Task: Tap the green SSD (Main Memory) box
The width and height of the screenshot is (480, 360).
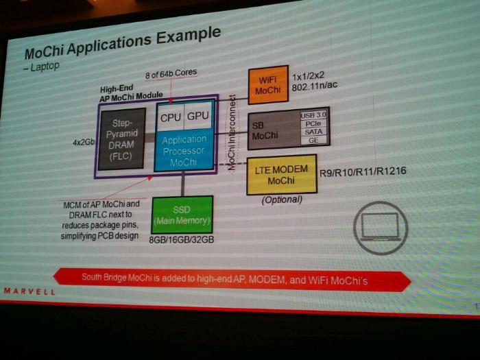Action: click(182, 215)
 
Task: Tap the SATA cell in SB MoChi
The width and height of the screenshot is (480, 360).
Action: click(313, 132)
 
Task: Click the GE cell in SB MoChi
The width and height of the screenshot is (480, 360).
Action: click(313, 140)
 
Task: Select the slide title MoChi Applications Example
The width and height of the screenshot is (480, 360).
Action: click(122, 43)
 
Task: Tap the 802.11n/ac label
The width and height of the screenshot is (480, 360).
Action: click(318, 86)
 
